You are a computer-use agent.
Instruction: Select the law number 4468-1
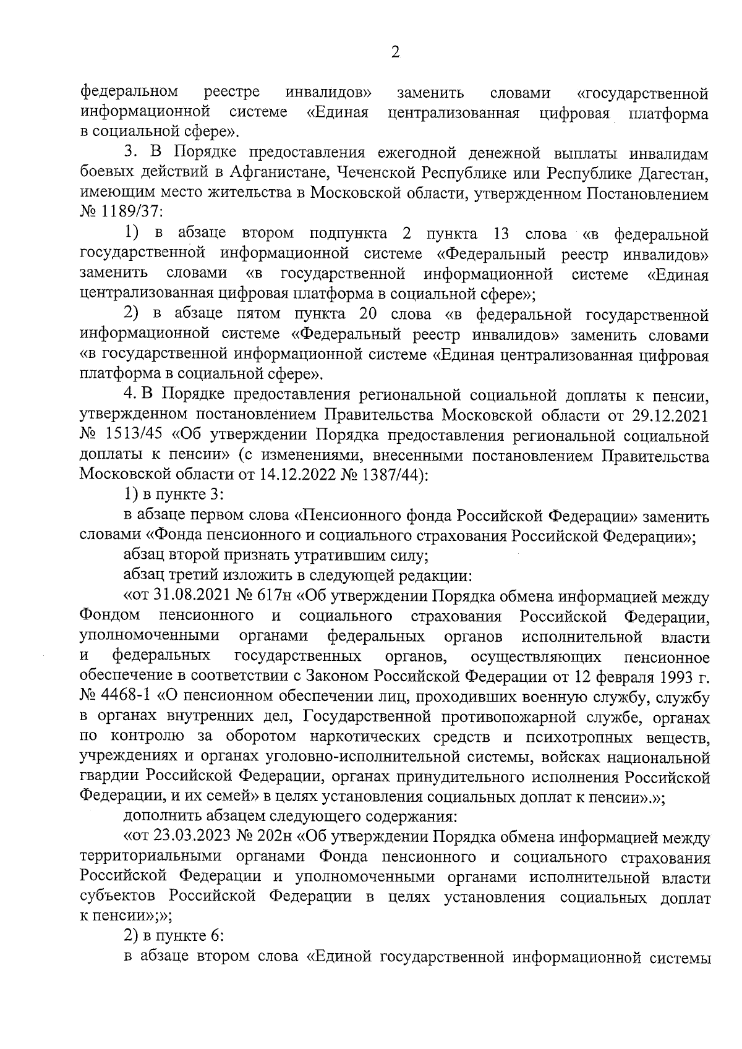click(x=126, y=697)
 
